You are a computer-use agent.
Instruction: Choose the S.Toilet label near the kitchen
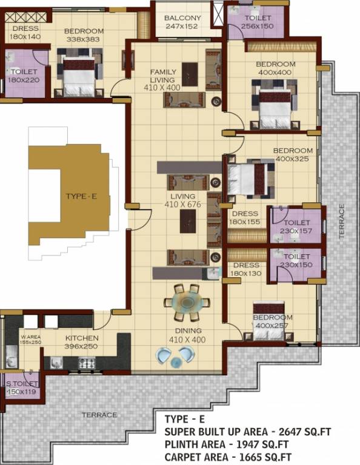[x=21, y=387]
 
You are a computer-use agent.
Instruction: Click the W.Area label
[x=30, y=338]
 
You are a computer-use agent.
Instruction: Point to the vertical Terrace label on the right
[x=342, y=220]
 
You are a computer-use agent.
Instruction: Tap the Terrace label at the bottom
[x=100, y=415]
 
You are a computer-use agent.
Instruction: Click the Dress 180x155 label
[x=244, y=217]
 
